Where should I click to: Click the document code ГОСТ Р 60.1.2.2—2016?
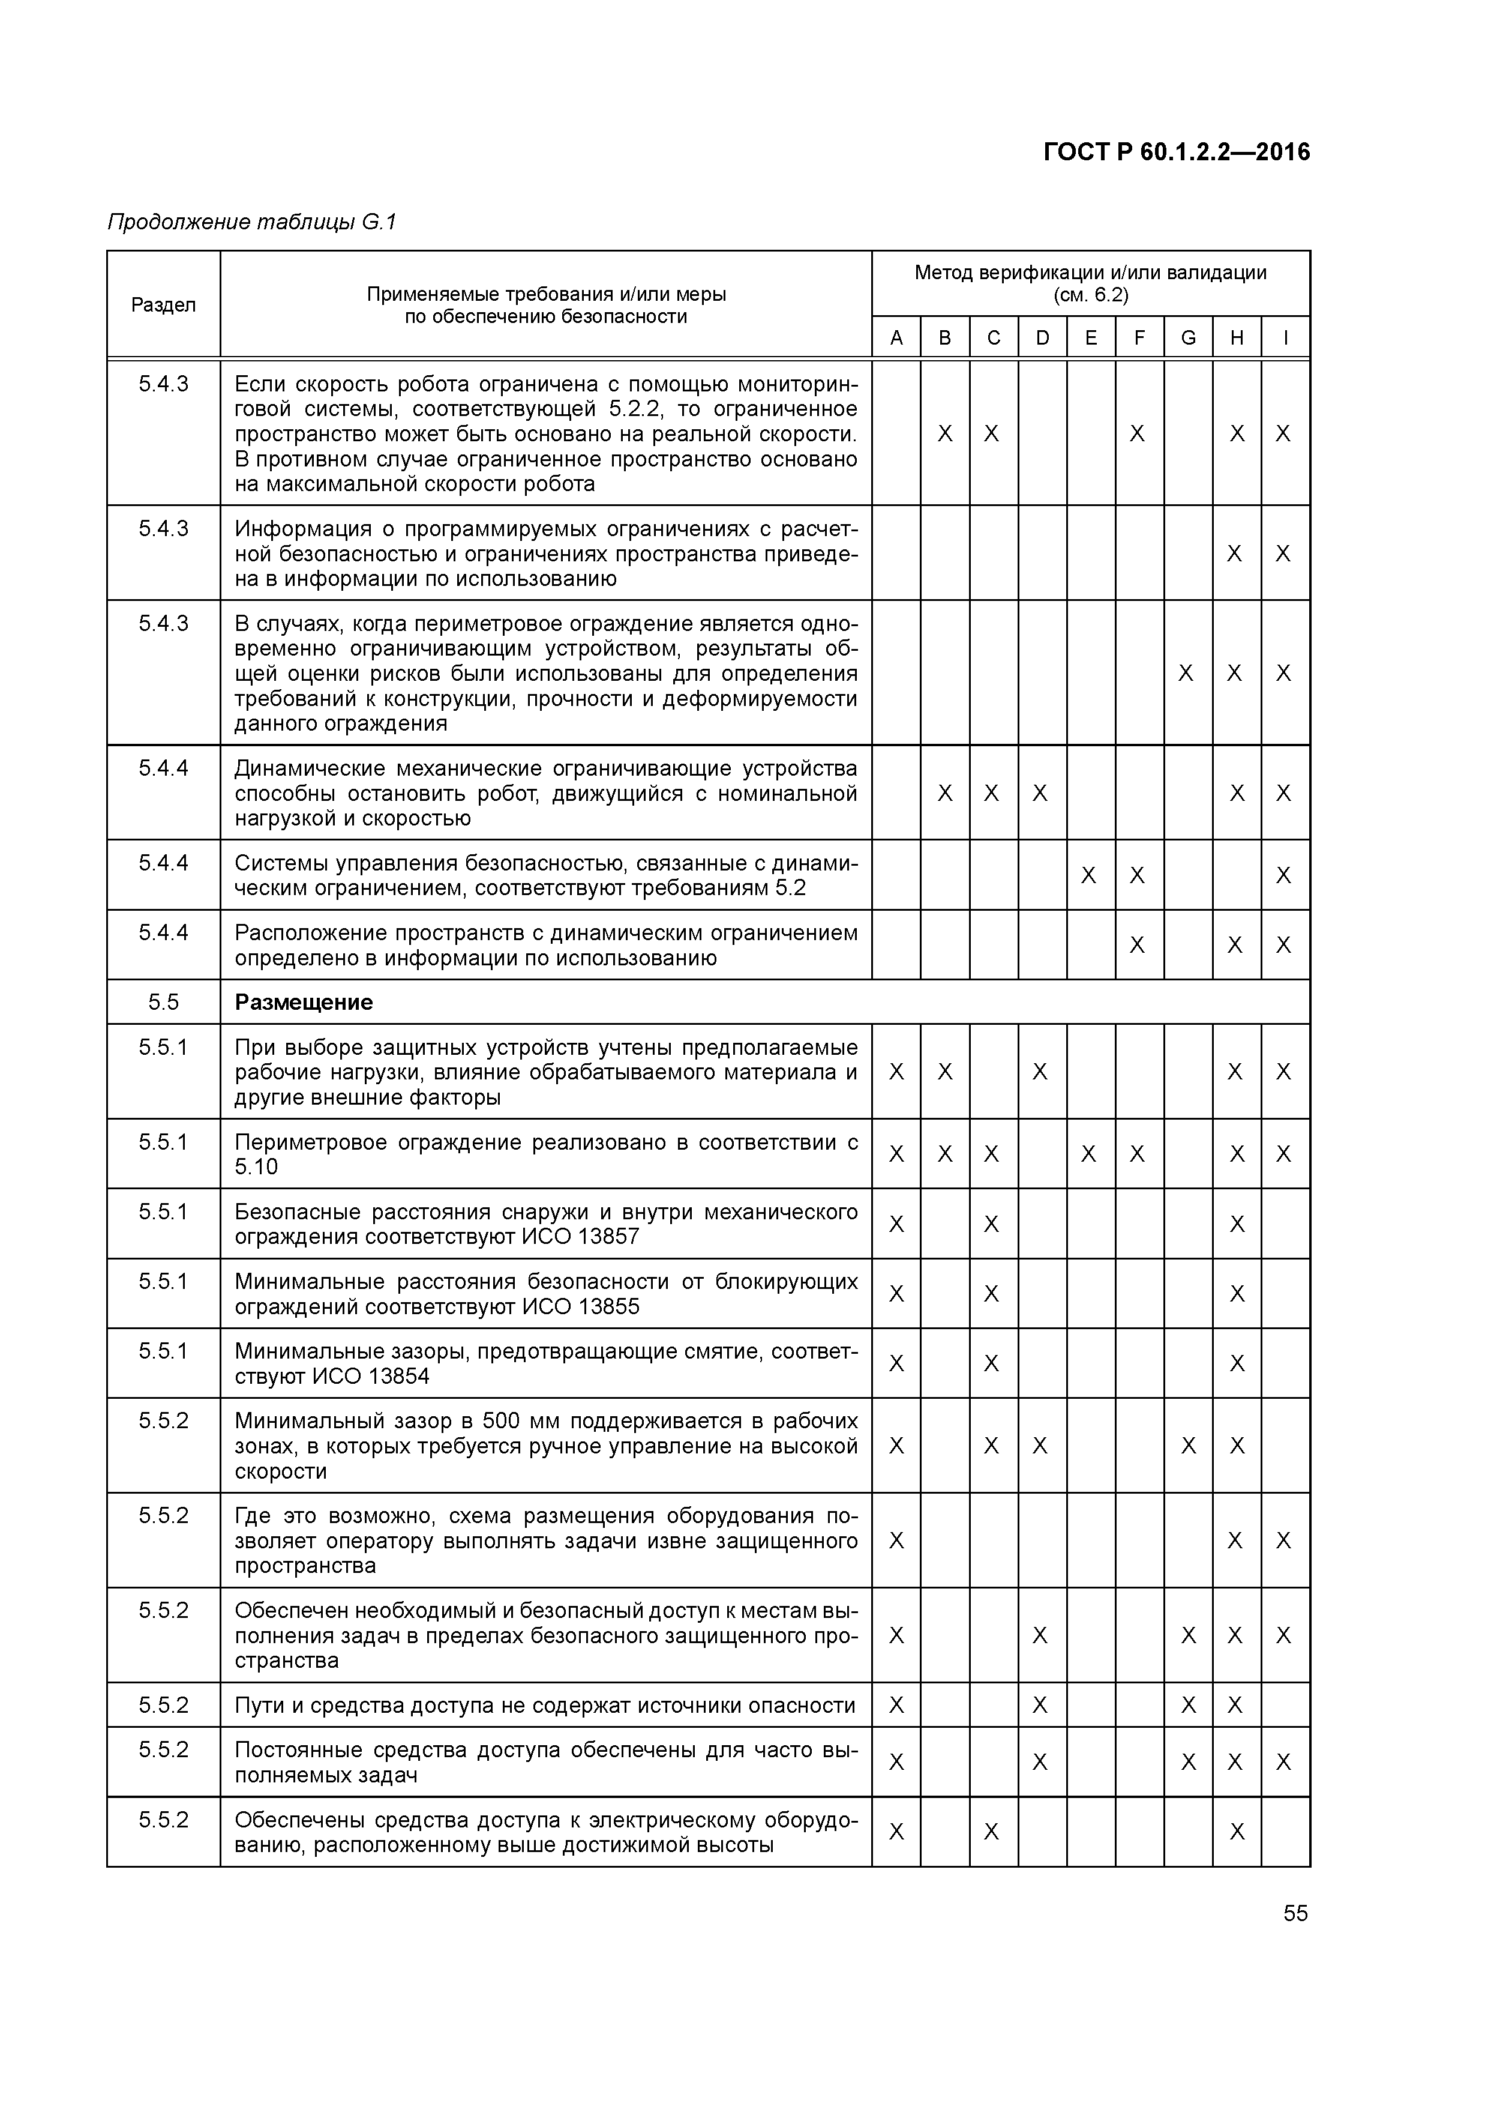pos(1176,152)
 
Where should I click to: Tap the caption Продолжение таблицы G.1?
pos(252,222)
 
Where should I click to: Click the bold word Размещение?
pos(304,1001)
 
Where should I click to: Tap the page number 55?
pos(1295,1913)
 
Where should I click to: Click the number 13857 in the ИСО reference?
pos(609,1237)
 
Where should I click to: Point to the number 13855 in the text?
pos(609,1306)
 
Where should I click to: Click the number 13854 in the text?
pos(399,1376)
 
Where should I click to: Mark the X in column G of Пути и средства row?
pos(1188,1705)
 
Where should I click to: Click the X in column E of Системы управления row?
pos(1088,875)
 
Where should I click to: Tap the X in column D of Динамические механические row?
pos(1040,792)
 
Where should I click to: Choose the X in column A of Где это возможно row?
pos(896,1540)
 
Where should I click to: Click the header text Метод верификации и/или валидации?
pos(1090,273)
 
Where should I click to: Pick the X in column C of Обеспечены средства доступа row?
pos(991,1832)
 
